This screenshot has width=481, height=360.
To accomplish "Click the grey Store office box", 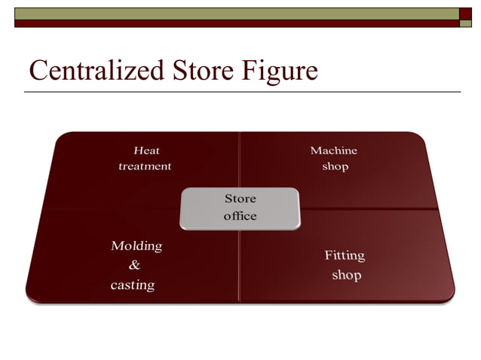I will click(240, 208).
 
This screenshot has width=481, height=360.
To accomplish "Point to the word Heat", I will click(146, 151).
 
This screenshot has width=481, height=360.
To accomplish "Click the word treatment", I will click(145, 166).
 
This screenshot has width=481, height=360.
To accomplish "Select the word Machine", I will click(334, 151).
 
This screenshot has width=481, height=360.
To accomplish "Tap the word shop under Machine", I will click(335, 166).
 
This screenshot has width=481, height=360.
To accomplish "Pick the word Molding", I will click(136, 246).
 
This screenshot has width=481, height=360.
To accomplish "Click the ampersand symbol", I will click(135, 265).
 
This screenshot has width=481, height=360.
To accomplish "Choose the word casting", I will click(133, 285).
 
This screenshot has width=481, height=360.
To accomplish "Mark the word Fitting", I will click(345, 255).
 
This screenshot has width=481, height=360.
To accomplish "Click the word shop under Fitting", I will click(347, 275).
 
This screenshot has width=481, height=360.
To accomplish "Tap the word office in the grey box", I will click(240, 216).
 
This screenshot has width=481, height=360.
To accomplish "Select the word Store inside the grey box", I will click(240, 199).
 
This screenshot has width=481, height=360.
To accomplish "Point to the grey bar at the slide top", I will click(226, 14).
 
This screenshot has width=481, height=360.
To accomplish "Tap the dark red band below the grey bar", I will click(226, 23).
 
